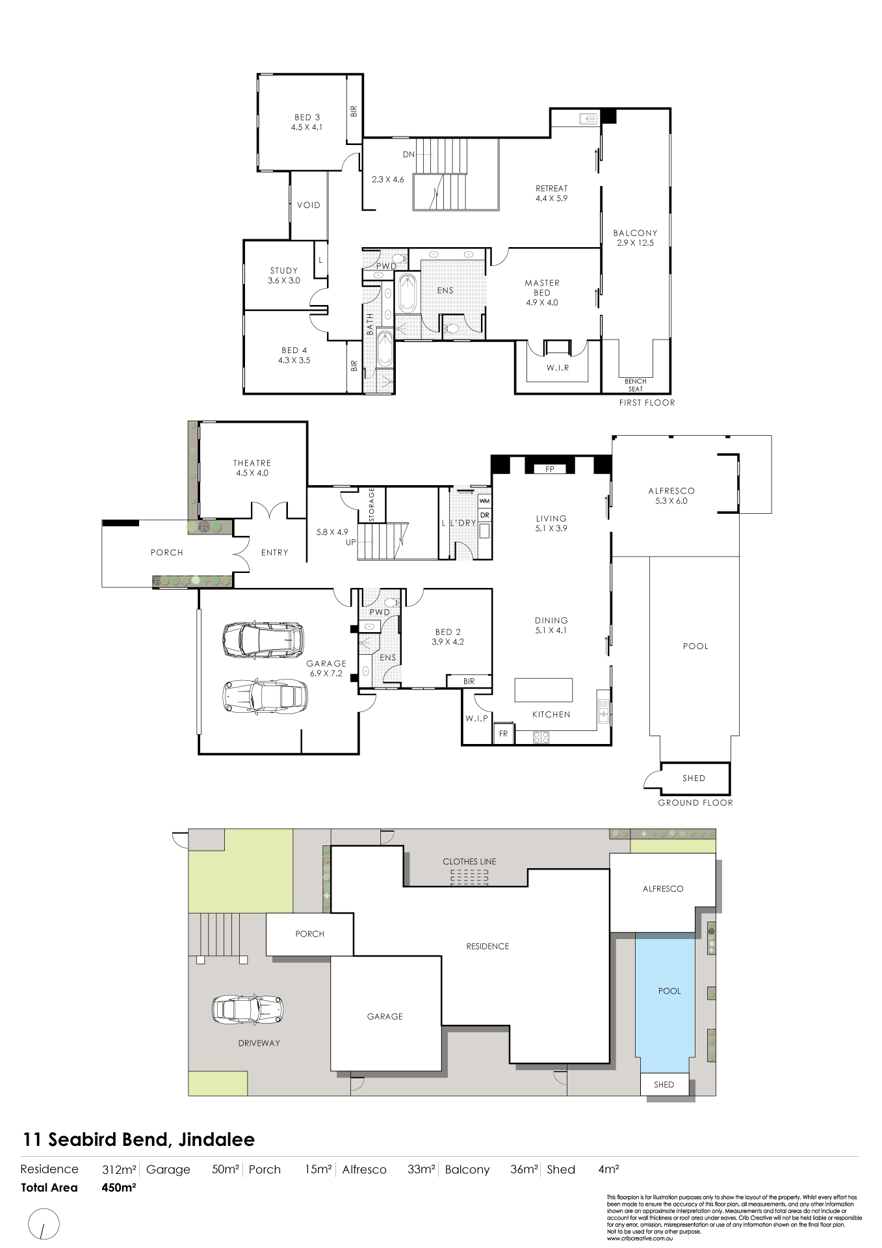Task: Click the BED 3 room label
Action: (x=307, y=122)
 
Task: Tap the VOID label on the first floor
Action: (x=309, y=205)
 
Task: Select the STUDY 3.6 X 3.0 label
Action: (x=284, y=276)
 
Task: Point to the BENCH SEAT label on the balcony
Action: (x=635, y=385)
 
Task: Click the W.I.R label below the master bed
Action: (x=557, y=368)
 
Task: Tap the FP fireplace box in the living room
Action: (x=550, y=469)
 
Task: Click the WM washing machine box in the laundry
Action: (x=484, y=501)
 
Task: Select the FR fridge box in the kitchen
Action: (x=503, y=734)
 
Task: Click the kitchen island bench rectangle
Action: (x=543, y=689)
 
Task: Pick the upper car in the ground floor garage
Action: (x=263, y=639)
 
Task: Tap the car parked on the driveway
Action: (x=248, y=1009)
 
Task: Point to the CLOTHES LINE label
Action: (x=469, y=862)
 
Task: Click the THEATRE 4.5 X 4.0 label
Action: (x=252, y=468)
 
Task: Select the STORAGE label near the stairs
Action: (x=372, y=505)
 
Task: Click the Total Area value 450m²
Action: (x=119, y=1188)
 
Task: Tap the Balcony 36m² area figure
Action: (x=524, y=1169)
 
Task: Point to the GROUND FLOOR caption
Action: (x=695, y=803)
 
